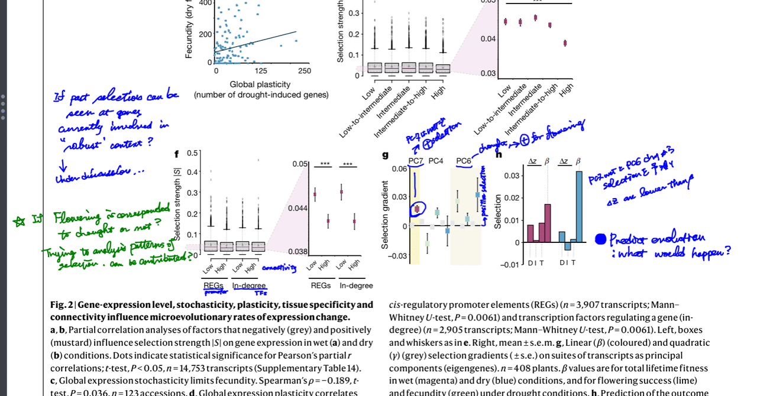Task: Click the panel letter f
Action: [x=176, y=154]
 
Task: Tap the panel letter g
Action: [x=385, y=155]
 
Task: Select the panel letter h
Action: [x=499, y=155]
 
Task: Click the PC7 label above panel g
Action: [x=416, y=161]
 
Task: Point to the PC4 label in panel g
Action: [x=436, y=161]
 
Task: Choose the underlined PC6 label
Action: [x=464, y=161]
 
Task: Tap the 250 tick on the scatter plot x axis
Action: [x=304, y=71]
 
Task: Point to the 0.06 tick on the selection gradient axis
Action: [x=399, y=168]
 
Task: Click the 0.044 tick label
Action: [x=298, y=208]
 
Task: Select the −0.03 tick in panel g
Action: [x=397, y=256]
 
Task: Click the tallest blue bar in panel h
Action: [x=578, y=207]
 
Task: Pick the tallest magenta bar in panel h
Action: [x=548, y=223]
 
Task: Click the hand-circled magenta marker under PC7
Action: [x=417, y=209]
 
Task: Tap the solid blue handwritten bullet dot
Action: [x=600, y=239]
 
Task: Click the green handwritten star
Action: [x=20, y=222]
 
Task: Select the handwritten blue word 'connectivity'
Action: [x=279, y=268]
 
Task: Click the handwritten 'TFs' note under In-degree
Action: [x=261, y=293]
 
